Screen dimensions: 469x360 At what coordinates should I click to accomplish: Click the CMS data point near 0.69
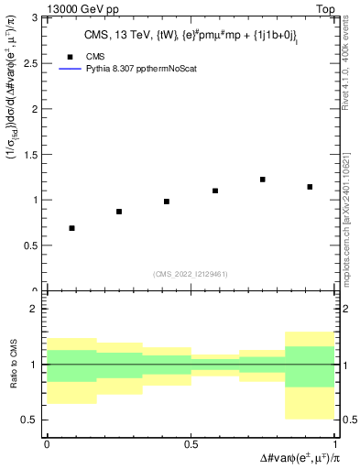(x=71, y=228)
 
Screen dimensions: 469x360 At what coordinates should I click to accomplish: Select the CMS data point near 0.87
(x=119, y=212)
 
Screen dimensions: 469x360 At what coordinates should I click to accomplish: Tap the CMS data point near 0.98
(x=167, y=202)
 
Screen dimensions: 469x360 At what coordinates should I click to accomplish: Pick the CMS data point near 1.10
(x=215, y=191)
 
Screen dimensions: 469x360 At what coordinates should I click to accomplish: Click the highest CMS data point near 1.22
(x=263, y=180)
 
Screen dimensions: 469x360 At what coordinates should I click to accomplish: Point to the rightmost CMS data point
(x=311, y=187)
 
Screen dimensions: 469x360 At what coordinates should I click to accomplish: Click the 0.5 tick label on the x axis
(x=191, y=443)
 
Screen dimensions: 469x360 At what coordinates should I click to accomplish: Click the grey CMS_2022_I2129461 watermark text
(x=191, y=273)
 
